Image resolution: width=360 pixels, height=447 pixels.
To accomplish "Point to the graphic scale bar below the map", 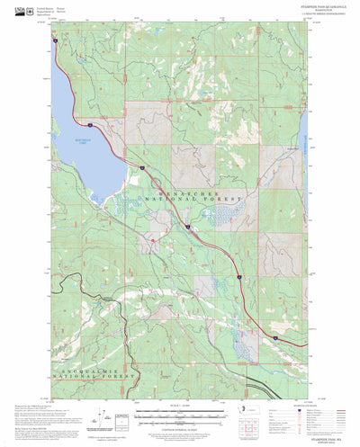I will pos(180,416).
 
